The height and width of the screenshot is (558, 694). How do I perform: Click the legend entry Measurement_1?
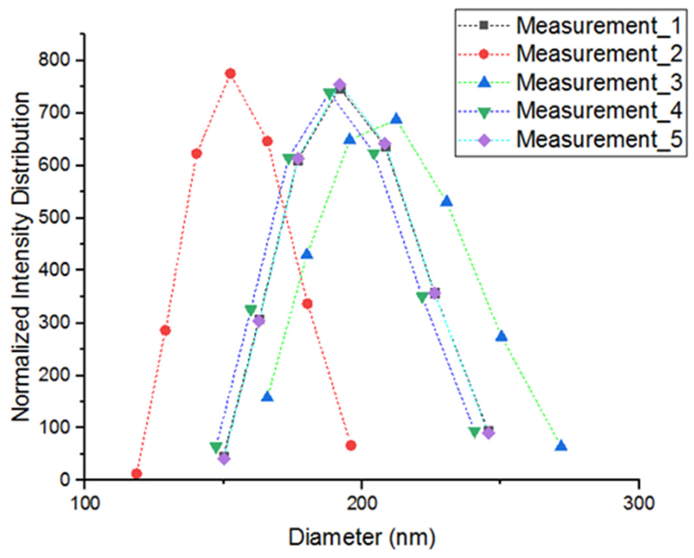[x=599, y=26]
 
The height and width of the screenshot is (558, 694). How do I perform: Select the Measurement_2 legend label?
[x=599, y=54]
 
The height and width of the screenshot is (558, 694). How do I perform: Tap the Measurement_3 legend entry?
[x=599, y=82]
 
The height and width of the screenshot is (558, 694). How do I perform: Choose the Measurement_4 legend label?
[x=599, y=111]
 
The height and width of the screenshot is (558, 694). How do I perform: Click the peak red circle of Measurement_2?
[x=230, y=73]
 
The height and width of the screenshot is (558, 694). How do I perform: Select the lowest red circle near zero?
[x=137, y=474]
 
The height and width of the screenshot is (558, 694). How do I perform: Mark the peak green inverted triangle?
[x=330, y=94]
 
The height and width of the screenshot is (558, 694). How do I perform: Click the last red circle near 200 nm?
[x=351, y=445]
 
